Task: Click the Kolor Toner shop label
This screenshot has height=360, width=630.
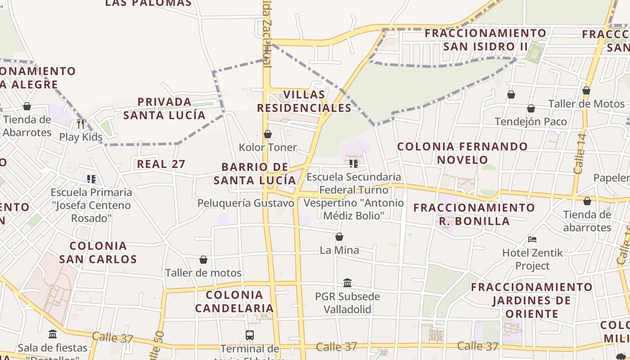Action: pyautogui.click(x=268, y=147)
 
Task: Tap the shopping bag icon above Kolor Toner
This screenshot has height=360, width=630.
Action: pyautogui.click(x=268, y=134)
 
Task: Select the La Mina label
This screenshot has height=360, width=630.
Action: pyautogui.click(x=339, y=250)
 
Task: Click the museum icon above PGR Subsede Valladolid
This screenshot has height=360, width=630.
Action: pyautogui.click(x=347, y=283)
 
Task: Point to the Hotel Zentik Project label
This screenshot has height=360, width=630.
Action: pyautogui.click(x=532, y=259)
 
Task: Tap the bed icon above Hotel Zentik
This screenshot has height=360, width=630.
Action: pyautogui.click(x=532, y=239)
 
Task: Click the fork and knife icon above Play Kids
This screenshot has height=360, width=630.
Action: pyautogui.click(x=81, y=123)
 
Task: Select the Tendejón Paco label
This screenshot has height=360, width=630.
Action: pyautogui.click(x=531, y=121)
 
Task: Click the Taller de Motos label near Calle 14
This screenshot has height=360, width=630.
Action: pyautogui.click(x=586, y=103)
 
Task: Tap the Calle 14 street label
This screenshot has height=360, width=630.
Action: pyautogui.click(x=580, y=153)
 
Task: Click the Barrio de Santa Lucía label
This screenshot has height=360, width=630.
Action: pyautogui.click(x=255, y=174)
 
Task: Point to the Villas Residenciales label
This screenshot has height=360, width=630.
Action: pyautogui.click(x=304, y=101)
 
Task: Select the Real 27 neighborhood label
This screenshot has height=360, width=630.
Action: pyautogui.click(x=161, y=164)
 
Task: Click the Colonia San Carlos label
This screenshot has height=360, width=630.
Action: pyautogui.click(x=98, y=252)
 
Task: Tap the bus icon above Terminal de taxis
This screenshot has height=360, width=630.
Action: pyautogui.click(x=250, y=335)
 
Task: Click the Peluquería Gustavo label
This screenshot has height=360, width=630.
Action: pyautogui.click(x=246, y=203)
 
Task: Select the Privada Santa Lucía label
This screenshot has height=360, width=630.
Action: pyautogui.click(x=164, y=108)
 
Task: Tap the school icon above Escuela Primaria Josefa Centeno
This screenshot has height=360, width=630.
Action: pyautogui.click(x=91, y=179)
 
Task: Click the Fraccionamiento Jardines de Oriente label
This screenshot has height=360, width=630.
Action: pyautogui.click(x=531, y=300)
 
